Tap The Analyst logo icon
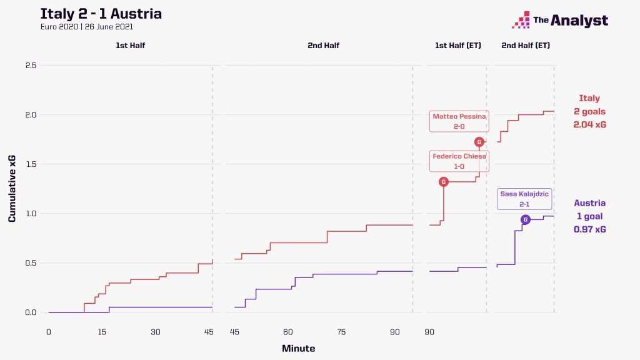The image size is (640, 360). pos(521,21)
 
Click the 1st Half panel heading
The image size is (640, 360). pos(130,46)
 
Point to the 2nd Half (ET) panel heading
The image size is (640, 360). pos(526,46)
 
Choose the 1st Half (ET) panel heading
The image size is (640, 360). pos(458,46)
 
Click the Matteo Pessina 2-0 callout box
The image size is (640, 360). pos(459,121)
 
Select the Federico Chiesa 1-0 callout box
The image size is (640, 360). pos(459,161)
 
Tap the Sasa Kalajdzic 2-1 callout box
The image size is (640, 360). pos(524,199)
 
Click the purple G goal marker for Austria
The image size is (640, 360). pos(525,219)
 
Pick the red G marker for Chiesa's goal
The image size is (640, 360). pos(444,182)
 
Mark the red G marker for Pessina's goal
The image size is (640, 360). pos(479,142)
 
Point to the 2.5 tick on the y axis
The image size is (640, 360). pos(30,66)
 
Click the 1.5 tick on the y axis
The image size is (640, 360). pos(30,164)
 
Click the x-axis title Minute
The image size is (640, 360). pos(298,348)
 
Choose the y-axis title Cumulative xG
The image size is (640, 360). pos(12,189)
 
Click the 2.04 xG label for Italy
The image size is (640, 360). pos(589,124)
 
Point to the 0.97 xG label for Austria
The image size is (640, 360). pos(589,229)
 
